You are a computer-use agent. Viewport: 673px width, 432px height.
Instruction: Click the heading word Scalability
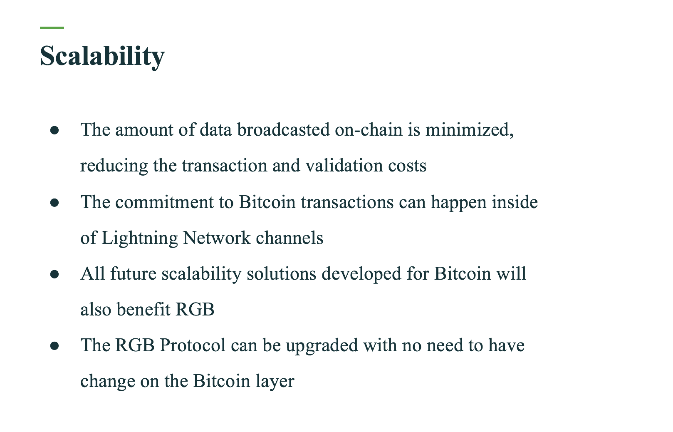[x=102, y=56]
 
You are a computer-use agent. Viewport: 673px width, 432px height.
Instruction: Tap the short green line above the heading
[x=52, y=28]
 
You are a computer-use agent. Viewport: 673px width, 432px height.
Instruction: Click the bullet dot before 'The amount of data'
[x=54, y=130]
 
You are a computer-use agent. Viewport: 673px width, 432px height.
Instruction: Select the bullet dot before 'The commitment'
[x=54, y=203]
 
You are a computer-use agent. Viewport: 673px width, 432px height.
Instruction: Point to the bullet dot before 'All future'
[x=54, y=274]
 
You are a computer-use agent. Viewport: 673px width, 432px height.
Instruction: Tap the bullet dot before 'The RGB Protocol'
[x=54, y=346]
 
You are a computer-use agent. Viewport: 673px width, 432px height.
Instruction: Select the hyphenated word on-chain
[x=369, y=129]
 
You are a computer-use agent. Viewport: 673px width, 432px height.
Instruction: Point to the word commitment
[x=164, y=202]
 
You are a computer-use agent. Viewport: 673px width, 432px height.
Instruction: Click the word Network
[x=217, y=238]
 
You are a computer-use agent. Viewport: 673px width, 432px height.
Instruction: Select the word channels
[x=289, y=238]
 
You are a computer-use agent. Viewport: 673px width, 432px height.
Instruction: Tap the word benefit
[x=144, y=309]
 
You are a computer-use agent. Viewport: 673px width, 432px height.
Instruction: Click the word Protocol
[x=192, y=345]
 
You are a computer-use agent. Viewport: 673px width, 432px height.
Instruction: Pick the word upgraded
[x=322, y=346]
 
